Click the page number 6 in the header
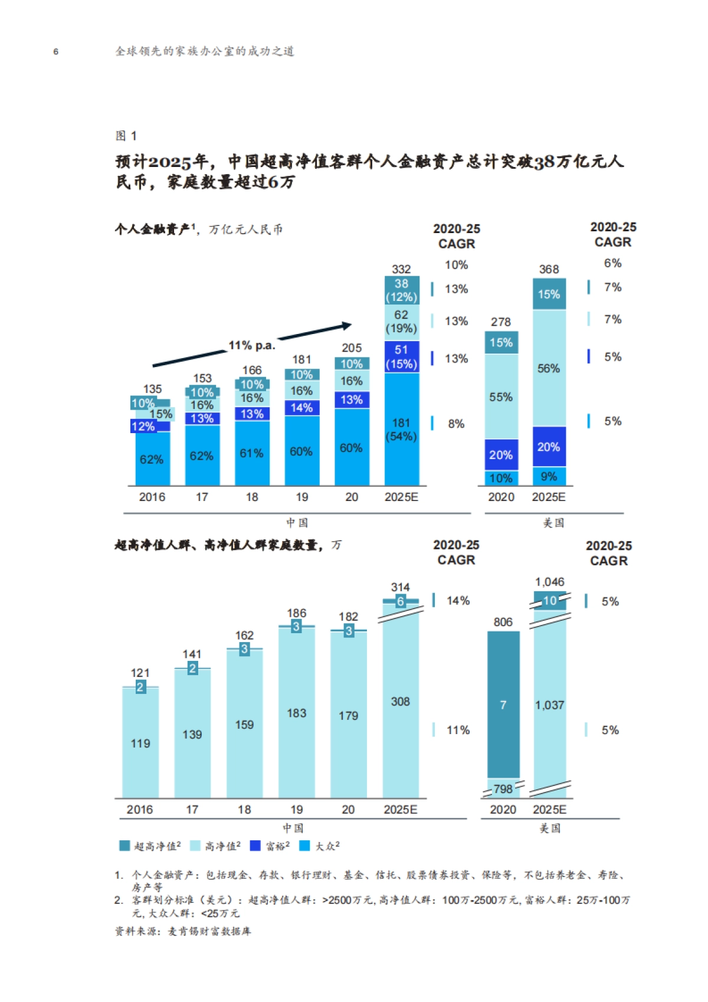click(x=56, y=52)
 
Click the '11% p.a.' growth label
click(x=252, y=345)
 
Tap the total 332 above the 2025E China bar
click(x=401, y=269)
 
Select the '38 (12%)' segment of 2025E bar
click(x=401, y=290)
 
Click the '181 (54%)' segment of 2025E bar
click(x=401, y=430)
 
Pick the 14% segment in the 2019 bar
click(x=301, y=408)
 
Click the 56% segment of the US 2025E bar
click(x=549, y=368)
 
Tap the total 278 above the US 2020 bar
click(x=500, y=322)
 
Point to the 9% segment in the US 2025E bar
click(x=549, y=476)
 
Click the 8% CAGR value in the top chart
click(x=456, y=424)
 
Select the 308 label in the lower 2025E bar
click(x=400, y=702)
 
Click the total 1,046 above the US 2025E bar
click(x=549, y=582)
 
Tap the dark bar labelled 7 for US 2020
click(x=503, y=705)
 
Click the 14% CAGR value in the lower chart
click(x=458, y=601)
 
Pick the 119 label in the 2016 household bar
click(x=140, y=744)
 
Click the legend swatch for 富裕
click(x=255, y=846)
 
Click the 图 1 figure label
click(x=126, y=136)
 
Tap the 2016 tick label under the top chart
click(x=152, y=497)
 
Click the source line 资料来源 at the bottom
click(x=183, y=931)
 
